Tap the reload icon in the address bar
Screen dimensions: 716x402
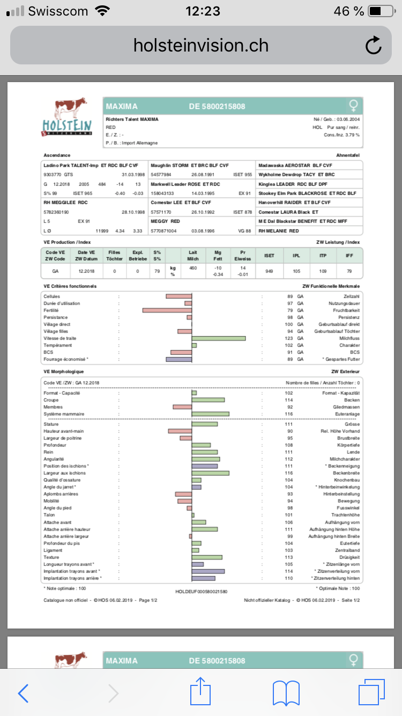[373, 46]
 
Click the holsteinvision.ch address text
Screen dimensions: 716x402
[201, 46]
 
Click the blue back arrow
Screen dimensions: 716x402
[23, 693]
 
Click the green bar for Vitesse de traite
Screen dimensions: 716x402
[219, 338]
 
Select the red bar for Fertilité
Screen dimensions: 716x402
[167, 310]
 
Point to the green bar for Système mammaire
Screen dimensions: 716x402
[211, 414]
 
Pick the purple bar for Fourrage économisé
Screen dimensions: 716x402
[179, 359]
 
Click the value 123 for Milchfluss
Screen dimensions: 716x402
[289, 338]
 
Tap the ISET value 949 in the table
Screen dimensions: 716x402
[269, 271]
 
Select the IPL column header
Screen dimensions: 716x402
[296, 255]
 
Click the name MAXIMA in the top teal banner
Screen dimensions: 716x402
[122, 106]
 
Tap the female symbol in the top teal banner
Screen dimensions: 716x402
[353, 105]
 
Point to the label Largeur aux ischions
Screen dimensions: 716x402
[64, 473]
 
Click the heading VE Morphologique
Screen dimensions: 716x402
[63, 371]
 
